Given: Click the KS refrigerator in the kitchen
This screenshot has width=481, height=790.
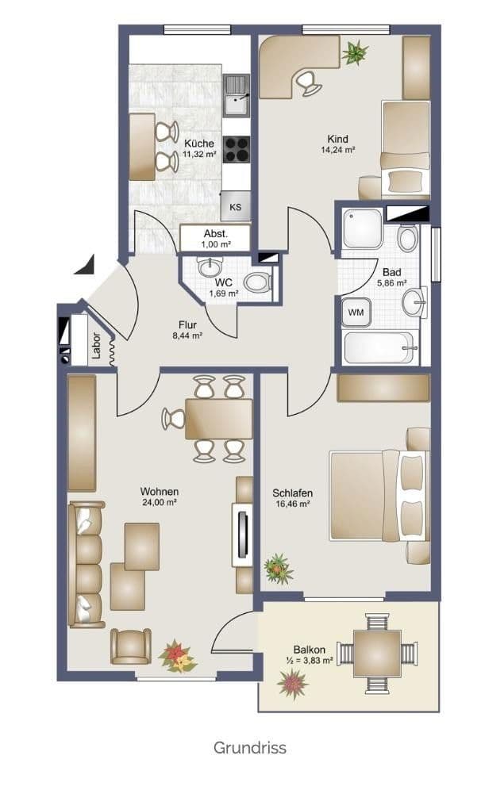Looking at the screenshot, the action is coord(236,205).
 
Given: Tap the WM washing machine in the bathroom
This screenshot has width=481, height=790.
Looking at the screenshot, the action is coord(356,313).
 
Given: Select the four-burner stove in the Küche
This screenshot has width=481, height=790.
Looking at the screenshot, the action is coord(237,150).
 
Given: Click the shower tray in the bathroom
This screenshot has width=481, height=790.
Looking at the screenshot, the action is coord(363,228).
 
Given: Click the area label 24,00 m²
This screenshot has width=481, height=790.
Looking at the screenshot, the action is coord(160,502).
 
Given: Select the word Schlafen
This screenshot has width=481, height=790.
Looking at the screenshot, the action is coord(292,493).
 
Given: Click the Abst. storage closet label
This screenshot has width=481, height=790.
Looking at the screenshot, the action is coord(216,234).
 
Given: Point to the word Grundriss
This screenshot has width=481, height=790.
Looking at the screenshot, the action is coord(249,747).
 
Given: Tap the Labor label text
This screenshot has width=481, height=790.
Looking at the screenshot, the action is coord(96,345).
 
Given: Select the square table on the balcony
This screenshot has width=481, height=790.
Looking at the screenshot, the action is coord(377,654).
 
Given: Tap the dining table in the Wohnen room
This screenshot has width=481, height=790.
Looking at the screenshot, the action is coord(219,419).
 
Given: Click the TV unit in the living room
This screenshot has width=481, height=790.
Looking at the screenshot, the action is coord(243,535).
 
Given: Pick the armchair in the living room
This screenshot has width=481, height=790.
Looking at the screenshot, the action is coord(131,646).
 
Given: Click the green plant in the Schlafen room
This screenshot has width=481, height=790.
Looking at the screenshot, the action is coord(279,569).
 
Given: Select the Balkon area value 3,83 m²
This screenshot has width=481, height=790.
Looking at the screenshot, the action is coord(316,660).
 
